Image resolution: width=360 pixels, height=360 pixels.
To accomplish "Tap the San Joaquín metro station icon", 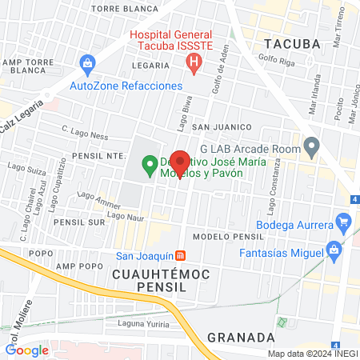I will [x=182, y=256].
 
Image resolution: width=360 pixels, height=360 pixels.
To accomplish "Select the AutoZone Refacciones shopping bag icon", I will [x=87, y=62].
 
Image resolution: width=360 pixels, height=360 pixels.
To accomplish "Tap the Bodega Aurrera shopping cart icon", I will [x=344, y=222].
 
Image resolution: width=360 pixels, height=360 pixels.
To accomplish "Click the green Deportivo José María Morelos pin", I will [x=149, y=166].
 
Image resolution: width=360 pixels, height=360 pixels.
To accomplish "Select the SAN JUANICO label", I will [x=222, y=127].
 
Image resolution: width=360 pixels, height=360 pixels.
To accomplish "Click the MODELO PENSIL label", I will [x=228, y=238].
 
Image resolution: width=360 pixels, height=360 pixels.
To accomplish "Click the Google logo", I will [x=27, y=350].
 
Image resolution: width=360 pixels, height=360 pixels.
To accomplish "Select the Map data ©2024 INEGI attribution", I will [x=311, y=354].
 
